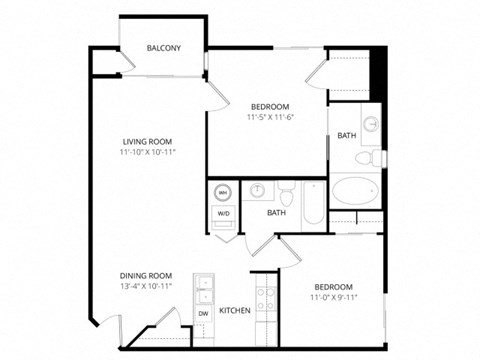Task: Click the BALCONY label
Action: point(163,48)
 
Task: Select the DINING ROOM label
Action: point(146,275)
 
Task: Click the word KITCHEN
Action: point(235,311)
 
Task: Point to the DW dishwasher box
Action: point(203,315)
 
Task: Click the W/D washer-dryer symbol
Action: point(222,212)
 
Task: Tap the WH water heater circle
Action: point(222,192)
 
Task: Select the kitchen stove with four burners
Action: point(266,298)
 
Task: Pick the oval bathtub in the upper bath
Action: point(355,191)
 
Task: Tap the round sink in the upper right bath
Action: point(370,124)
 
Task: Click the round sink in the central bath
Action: point(257,190)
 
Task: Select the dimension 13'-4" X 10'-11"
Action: point(146,287)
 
